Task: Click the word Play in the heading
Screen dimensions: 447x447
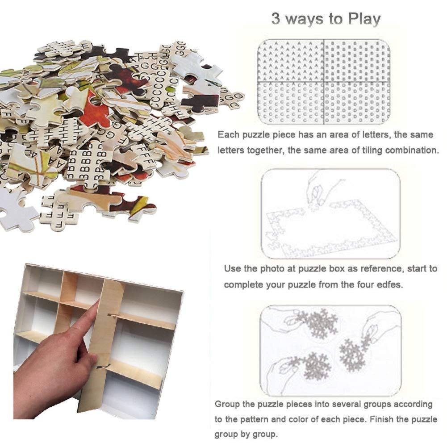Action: tap(365, 19)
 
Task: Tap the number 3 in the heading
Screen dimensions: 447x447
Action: tap(276, 19)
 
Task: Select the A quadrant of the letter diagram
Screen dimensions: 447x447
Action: tap(291, 61)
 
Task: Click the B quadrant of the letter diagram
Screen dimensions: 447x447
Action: tap(357, 61)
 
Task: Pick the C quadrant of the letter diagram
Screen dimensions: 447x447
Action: tap(291, 103)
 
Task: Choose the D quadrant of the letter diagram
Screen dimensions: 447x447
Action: tap(357, 103)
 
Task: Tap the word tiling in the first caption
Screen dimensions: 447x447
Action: tap(367, 150)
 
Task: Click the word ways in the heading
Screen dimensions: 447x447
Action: tap(304, 20)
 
